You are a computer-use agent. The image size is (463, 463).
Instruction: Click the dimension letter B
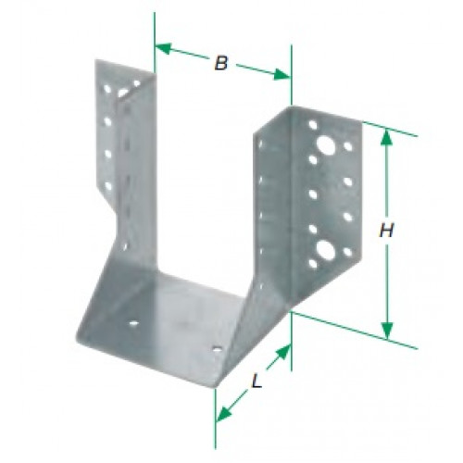point(221,63)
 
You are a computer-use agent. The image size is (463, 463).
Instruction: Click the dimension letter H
point(386,231)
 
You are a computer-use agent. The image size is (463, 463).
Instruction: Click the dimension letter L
point(257,381)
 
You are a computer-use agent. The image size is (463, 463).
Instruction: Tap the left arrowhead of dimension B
point(162,48)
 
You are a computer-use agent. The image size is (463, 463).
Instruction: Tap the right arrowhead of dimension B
point(282,75)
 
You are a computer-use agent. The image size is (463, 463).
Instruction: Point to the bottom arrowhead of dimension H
point(387,330)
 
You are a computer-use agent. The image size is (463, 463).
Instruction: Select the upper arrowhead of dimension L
point(284,352)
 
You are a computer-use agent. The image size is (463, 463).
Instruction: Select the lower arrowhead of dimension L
point(223,414)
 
